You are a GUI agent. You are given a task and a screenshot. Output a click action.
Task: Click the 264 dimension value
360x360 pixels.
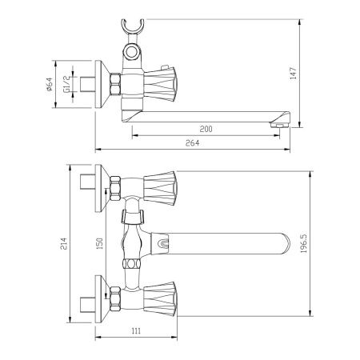[x=192, y=143]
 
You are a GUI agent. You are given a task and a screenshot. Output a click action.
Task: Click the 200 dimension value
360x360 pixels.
[x=206, y=129]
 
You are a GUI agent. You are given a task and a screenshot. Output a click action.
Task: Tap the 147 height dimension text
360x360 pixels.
[x=294, y=74]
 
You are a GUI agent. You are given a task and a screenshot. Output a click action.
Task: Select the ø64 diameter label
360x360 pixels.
[x=50, y=85]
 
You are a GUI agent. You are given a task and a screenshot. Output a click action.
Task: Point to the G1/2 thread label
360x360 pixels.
[x=66, y=84]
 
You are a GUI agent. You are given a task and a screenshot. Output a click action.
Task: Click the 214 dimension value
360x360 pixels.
[x=63, y=244]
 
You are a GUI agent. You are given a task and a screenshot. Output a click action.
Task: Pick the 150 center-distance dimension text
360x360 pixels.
[x=99, y=243]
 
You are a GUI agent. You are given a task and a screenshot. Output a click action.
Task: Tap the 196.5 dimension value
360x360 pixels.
[x=304, y=243]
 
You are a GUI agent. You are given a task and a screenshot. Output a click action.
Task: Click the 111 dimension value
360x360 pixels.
[x=136, y=331]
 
